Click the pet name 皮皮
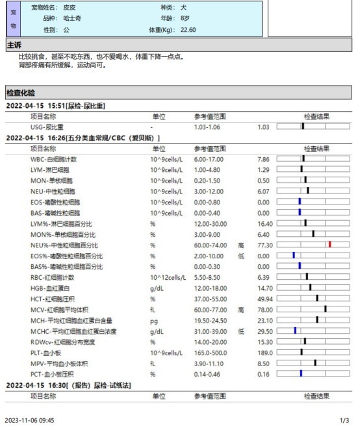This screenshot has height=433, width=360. pos(69,7)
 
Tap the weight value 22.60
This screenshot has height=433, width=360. pos(188,30)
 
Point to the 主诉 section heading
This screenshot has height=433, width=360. pos(14,45)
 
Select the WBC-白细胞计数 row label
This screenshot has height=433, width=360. pos(53,158)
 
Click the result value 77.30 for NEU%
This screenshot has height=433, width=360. pos(265,245)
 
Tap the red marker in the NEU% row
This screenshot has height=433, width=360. pos(330,244)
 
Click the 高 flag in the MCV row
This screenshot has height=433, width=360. pos(240,309)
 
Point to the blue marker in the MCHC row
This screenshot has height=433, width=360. pos(295,330)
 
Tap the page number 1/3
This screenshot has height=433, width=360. pos(344,421)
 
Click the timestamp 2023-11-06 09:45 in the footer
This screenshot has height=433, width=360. pos(29,421)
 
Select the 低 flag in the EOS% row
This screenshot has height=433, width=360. pos(240,255)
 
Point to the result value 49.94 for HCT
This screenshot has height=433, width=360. pos(265,298)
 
